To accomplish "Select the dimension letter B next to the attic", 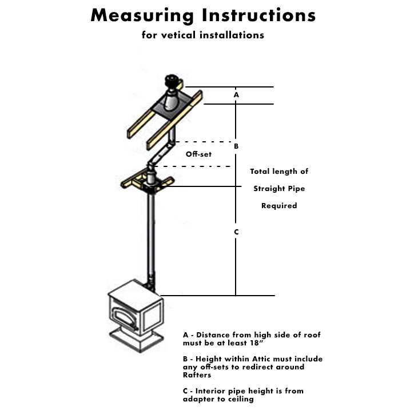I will pos(236,146).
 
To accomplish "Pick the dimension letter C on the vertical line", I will pos(236,232).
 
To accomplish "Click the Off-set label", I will pos(198,154).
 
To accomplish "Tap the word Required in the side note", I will pos(279,206).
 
